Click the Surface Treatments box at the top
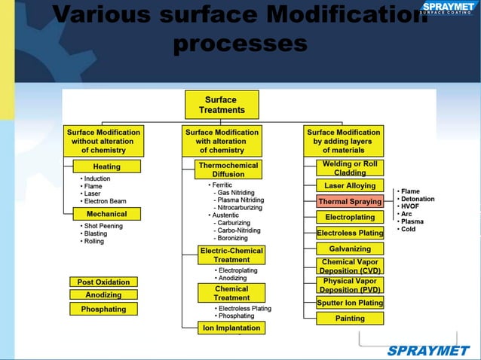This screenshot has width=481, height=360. [x=222, y=105]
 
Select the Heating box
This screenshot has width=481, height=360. [x=106, y=166]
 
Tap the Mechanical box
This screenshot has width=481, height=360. [x=106, y=214]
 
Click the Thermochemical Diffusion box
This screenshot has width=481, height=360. [x=228, y=169]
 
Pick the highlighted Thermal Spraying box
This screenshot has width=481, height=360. [x=350, y=202]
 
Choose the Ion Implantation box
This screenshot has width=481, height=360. [x=231, y=328]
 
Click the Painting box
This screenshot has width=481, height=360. [x=350, y=319]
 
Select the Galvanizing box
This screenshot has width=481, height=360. [x=350, y=249]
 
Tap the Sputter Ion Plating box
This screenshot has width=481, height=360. [x=350, y=303]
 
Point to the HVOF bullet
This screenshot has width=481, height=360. [x=412, y=206]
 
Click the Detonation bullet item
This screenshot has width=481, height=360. [x=417, y=199]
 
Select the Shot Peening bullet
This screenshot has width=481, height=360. [x=105, y=226]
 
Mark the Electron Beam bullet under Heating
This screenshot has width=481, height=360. [x=107, y=201]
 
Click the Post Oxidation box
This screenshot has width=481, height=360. [x=103, y=282]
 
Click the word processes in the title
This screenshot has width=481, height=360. [x=240, y=44]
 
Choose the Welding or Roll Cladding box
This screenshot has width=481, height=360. [x=350, y=168]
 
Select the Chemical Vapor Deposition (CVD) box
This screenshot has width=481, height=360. [x=350, y=266]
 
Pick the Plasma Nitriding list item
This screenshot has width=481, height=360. [x=240, y=200]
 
